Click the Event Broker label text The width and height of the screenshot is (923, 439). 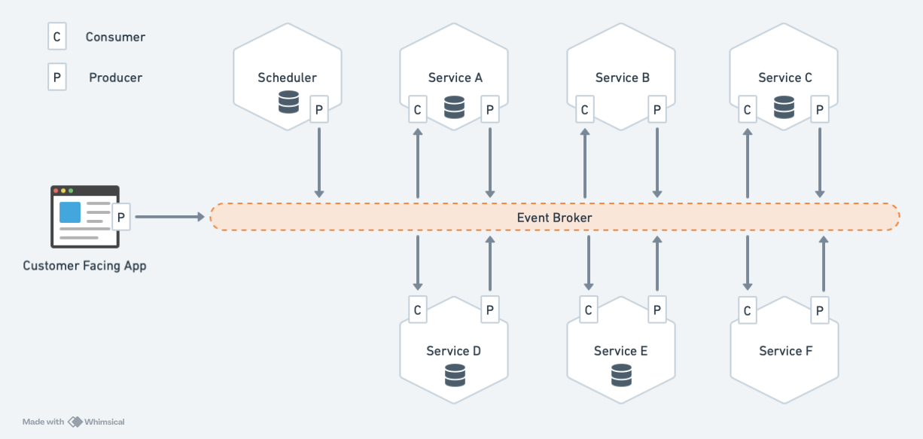[x=554, y=218]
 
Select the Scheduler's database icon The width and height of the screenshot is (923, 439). [x=288, y=102]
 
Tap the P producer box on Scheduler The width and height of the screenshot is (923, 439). [x=319, y=110]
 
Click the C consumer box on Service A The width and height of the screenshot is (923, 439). [x=417, y=110]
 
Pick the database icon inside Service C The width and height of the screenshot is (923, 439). [x=784, y=108]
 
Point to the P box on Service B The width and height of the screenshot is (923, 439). [x=656, y=110]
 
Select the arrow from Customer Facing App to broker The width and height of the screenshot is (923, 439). [x=169, y=218]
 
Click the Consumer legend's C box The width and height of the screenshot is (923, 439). [x=57, y=36]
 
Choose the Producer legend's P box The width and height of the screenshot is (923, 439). [x=57, y=77]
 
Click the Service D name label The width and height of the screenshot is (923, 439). [x=453, y=351]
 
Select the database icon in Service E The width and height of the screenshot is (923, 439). [x=621, y=374]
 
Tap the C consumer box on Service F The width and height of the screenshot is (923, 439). [x=747, y=310]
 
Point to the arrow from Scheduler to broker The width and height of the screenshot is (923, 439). [x=319, y=163]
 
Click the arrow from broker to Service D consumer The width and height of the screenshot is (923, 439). [x=417, y=263]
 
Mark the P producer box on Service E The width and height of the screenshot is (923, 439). [x=656, y=309]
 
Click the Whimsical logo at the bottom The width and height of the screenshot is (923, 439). [x=96, y=422]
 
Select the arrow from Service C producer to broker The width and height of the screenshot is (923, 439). [x=820, y=163]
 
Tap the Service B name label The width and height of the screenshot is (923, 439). [x=622, y=78]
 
